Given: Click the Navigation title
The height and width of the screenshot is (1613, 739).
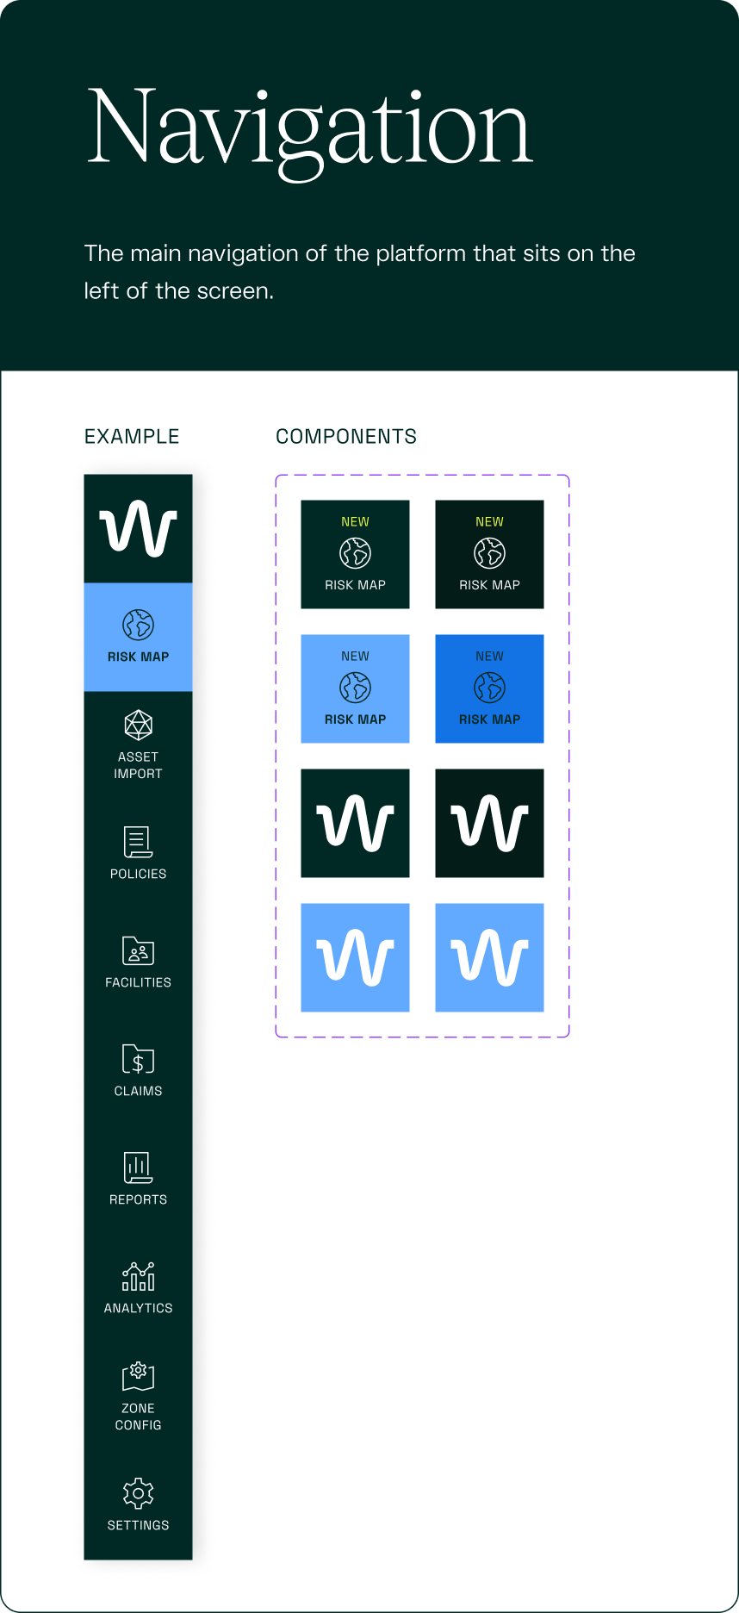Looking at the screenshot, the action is (310, 129).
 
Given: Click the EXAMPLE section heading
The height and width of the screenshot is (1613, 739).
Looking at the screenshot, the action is (132, 437).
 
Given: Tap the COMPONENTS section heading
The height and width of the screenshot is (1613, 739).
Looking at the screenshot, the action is (345, 437).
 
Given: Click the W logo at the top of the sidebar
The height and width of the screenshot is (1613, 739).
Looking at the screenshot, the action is (138, 528).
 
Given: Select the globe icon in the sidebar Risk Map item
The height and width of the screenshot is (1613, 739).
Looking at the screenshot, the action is (138, 625).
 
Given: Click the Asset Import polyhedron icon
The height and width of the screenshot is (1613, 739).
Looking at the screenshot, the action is (138, 726).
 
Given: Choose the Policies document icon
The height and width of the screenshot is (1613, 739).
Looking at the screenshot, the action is (138, 842).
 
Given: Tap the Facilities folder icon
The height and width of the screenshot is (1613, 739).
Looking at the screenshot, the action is (138, 951).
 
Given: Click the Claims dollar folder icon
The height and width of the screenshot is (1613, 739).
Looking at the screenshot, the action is (138, 1060).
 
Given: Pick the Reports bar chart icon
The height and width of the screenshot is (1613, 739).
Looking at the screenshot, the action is (138, 1168).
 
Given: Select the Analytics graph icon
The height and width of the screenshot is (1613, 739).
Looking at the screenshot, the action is (138, 1276).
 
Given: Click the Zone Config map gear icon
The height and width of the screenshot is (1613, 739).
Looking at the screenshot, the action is (138, 1376).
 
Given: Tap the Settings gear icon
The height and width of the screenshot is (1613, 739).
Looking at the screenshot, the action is (138, 1493).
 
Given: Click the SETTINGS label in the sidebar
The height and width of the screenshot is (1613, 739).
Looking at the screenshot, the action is (138, 1525).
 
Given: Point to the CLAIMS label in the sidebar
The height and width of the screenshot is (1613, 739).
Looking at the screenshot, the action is (138, 1091).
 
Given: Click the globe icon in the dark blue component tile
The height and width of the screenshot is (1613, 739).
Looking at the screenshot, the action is (489, 688).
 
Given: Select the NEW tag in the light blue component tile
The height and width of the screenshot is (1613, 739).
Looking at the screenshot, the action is (355, 657).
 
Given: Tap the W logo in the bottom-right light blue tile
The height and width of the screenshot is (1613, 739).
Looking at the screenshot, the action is (489, 957).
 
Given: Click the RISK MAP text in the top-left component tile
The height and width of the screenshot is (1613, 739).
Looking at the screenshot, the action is (355, 585).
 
